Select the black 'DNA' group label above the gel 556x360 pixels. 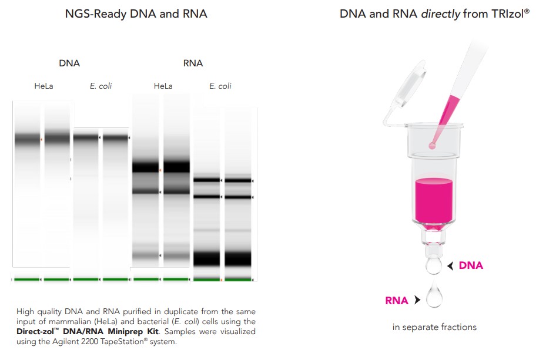pos(69,63)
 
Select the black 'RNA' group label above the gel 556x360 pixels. pos(193,63)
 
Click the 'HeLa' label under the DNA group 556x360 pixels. pos(43,86)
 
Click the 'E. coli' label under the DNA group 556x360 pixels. pos(101,86)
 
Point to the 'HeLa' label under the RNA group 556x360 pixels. pos(163,86)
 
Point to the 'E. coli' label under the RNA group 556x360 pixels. pos(220,86)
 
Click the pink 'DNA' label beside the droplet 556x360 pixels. pos(471,266)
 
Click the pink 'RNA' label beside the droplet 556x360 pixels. pos(397,301)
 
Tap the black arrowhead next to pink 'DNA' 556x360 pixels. pos(450,266)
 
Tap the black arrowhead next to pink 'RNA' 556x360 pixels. pos(417,301)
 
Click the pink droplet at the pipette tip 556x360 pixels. pos(433,144)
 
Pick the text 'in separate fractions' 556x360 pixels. pos(434,327)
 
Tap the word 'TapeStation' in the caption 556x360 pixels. pos(123,342)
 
